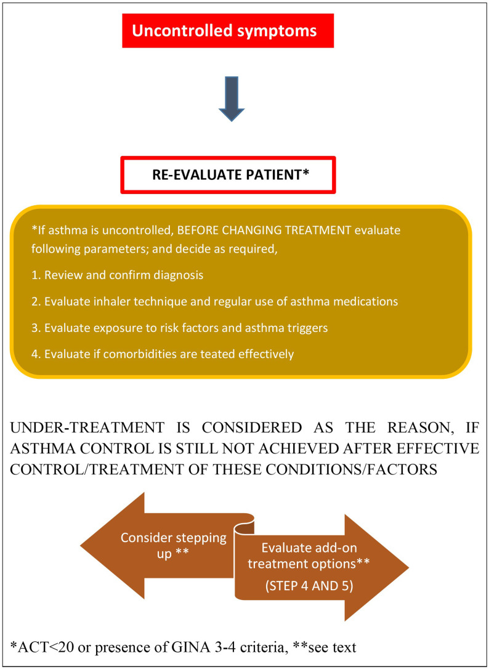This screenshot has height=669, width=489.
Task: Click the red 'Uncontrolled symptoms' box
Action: tap(228, 31)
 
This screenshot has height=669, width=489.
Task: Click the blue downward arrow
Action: tap(232, 99)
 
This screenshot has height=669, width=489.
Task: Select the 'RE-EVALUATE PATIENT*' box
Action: tap(228, 175)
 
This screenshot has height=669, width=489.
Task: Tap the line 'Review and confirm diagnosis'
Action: tap(118, 275)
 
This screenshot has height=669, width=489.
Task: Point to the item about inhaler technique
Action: tap(215, 301)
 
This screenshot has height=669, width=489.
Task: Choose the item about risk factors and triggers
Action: tap(180, 328)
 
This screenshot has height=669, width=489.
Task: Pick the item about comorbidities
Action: tap(163, 354)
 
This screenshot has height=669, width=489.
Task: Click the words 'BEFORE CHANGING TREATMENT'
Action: tap(264, 231)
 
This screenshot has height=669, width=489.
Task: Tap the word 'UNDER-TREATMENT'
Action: tap(87, 428)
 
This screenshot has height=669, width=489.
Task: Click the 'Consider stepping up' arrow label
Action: tap(174, 545)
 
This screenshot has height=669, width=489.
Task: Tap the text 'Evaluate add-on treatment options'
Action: tap(309, 556)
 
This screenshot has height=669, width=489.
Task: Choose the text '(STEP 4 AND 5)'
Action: tap(309, 585)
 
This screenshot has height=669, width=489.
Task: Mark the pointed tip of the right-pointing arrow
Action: tap(409, 568)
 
